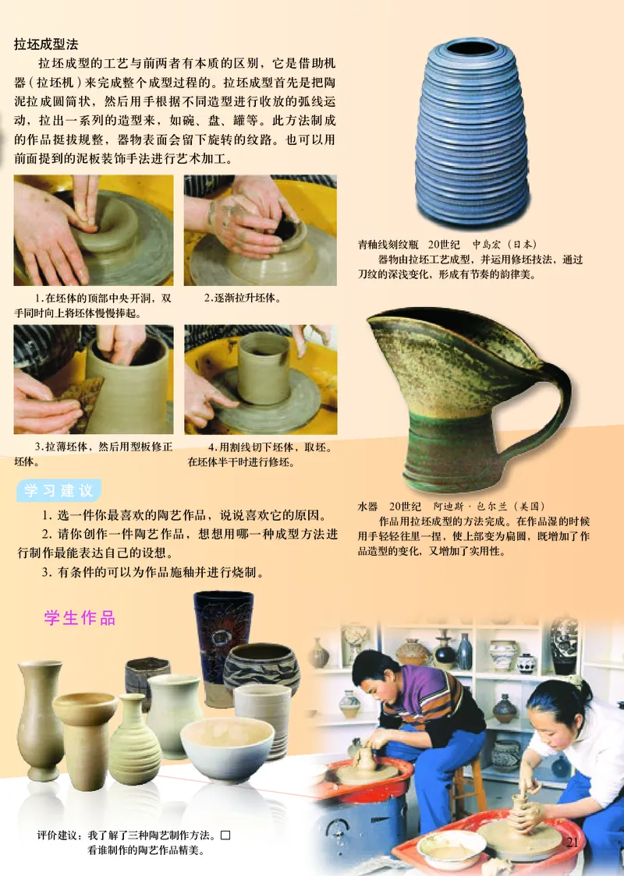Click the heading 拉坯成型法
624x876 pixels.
click(x=46, y=44)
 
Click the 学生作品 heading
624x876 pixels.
click(x=80, y=618)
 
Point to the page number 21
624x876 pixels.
click(x=573, y=842)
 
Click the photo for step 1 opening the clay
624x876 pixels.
click(x=93, y=231)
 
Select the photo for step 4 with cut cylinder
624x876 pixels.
click(x=261, y=379)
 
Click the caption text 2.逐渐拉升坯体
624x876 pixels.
click(x=243, y=298)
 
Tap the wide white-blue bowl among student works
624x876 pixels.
click(x=227, y=747)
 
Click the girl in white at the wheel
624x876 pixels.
click(x=573, y=740)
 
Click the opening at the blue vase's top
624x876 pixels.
click(x=470, y=48)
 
